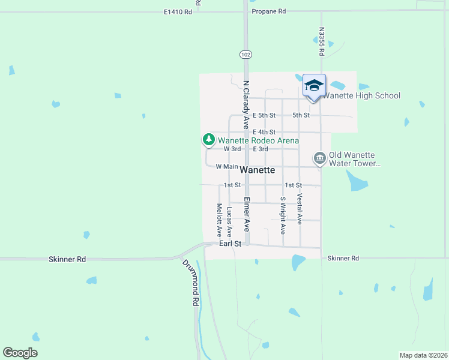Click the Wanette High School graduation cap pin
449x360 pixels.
pyautogui.click(x=314, y=86)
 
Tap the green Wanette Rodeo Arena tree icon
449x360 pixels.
pyautogui.click(x=208, y=140)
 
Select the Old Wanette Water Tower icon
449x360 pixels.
pyautogui.click(x=320, y=158)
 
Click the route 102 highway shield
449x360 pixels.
pyautogui.click(x=245, y=55)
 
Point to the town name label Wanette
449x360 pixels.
pyautogui.click(x=258, y=170)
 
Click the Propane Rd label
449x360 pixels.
pyautogui.click(x=269, y=11)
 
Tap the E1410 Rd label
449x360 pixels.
pyautogui.click(x=178, y=11)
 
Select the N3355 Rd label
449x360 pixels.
pyautogui.click(x=322, y=41)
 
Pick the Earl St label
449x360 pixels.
pyautogui.click(x=230, y=244)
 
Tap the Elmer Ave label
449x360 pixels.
pyautogui.click(x=246, y=213)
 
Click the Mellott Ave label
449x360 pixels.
pyautogui.click(x=219, y=220)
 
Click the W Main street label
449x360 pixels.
pyautogui.click(x=227, y=166)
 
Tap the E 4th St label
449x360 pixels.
pyautogui.click(x=264, y=132)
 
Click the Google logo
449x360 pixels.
pyautogui.click(x=20, y=353)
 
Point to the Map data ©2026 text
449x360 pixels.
pyautogui.click(x=423, y=355)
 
